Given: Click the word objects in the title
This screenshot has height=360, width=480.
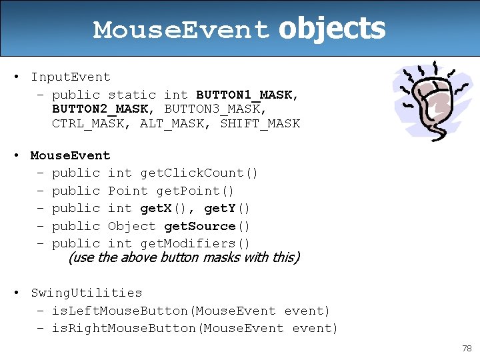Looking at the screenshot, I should click(x=331, y=29).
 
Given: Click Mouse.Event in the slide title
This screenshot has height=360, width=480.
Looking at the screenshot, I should click(x=181, y=30).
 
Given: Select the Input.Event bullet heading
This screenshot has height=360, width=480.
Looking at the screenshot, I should click(x=70, y=77).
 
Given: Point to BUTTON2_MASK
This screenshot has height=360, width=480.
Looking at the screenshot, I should click(x=103, y=109).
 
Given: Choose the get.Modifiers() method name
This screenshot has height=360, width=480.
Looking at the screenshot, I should click(x=195, y=243).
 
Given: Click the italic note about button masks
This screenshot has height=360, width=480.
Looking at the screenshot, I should click(x=184, y=257).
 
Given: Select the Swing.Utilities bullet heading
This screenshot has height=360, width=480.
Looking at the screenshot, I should click(x=86, y=293).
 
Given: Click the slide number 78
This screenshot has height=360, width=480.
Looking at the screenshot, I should click(x=466, y=349).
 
